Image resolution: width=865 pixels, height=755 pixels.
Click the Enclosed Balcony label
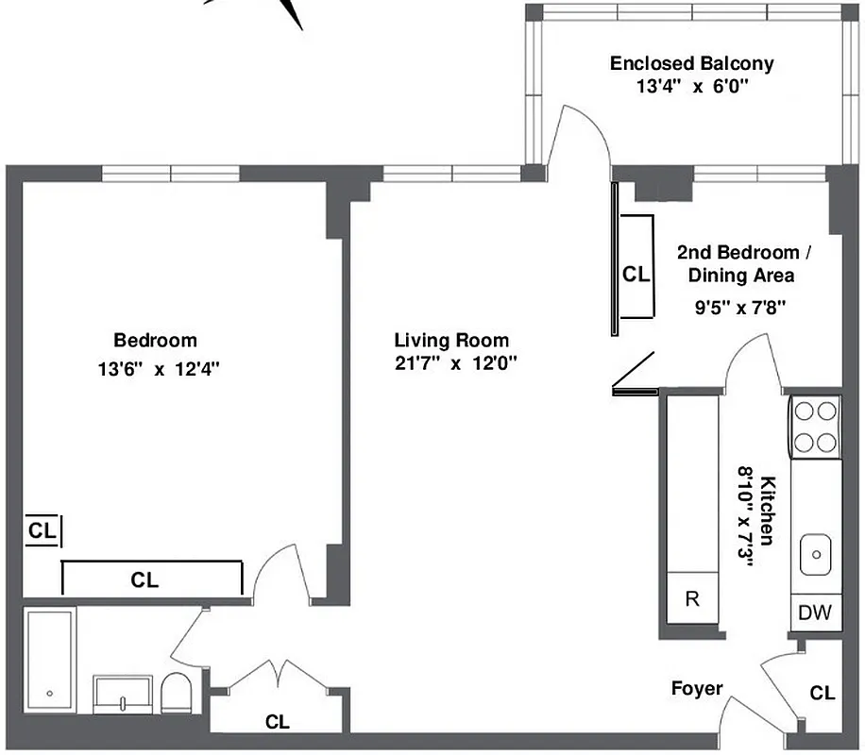[691, 64]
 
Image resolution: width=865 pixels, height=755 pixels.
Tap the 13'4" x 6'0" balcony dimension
[691, 86]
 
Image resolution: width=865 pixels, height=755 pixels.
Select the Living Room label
[451, 341]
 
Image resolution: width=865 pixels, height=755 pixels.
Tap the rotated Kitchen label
[767, 510]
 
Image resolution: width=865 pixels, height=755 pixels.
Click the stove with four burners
[815, 428]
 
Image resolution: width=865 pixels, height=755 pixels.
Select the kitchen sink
[815, 553]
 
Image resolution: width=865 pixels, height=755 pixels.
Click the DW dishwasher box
[815, 612]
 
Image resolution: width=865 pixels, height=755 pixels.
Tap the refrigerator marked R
[692, 598]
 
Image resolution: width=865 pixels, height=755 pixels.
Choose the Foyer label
[697, 688]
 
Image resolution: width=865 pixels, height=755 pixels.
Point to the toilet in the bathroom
[176, 694]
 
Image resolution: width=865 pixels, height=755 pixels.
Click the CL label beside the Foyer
[823, 694]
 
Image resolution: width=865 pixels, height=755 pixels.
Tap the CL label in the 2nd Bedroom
[636, 275]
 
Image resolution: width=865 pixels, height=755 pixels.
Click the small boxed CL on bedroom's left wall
[42, 530]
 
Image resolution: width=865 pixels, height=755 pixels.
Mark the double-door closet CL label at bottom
[277, 723]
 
